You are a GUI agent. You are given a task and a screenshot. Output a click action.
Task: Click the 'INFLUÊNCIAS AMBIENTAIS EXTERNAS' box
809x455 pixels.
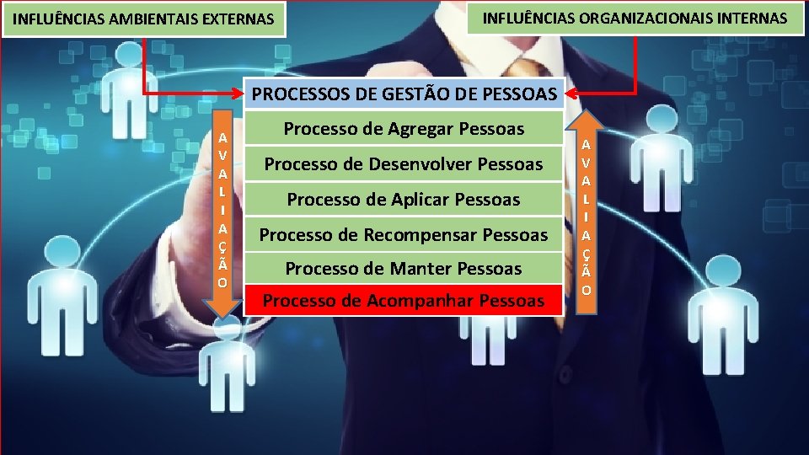pyautogui.click(x=144, y=18)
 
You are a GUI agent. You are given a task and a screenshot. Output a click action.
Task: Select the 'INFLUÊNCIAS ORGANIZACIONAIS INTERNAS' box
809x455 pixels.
pyautogui.click(x=635, y=18)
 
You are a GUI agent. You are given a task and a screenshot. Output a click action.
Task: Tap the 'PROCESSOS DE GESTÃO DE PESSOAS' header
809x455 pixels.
pyautogui.click(x=404, y=94)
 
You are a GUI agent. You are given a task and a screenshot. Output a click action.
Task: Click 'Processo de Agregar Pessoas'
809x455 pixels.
pyautogui.click(x=404, y=129)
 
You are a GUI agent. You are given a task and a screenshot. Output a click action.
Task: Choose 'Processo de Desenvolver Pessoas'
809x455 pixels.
pyautogui.click(x=404, y=163)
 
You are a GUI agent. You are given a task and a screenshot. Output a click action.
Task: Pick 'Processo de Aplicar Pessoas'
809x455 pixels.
pyautogui.click(x=404, y=200)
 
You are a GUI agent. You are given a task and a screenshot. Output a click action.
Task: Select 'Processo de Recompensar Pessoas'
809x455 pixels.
pyautogui.click(x=404, y=234)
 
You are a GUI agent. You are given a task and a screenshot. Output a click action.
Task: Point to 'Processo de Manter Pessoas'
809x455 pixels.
pyautogui.click(x=404, y=269)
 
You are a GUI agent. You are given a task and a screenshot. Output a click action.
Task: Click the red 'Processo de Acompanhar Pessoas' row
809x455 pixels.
pyautogui.click(x=404, y=300)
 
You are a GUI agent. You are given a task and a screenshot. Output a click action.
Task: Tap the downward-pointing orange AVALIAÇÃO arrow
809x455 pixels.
pyautogui.click(x=222, y=219)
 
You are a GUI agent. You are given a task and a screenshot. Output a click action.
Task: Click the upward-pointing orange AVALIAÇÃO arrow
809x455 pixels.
pyautogui.click(x=587, y=211)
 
